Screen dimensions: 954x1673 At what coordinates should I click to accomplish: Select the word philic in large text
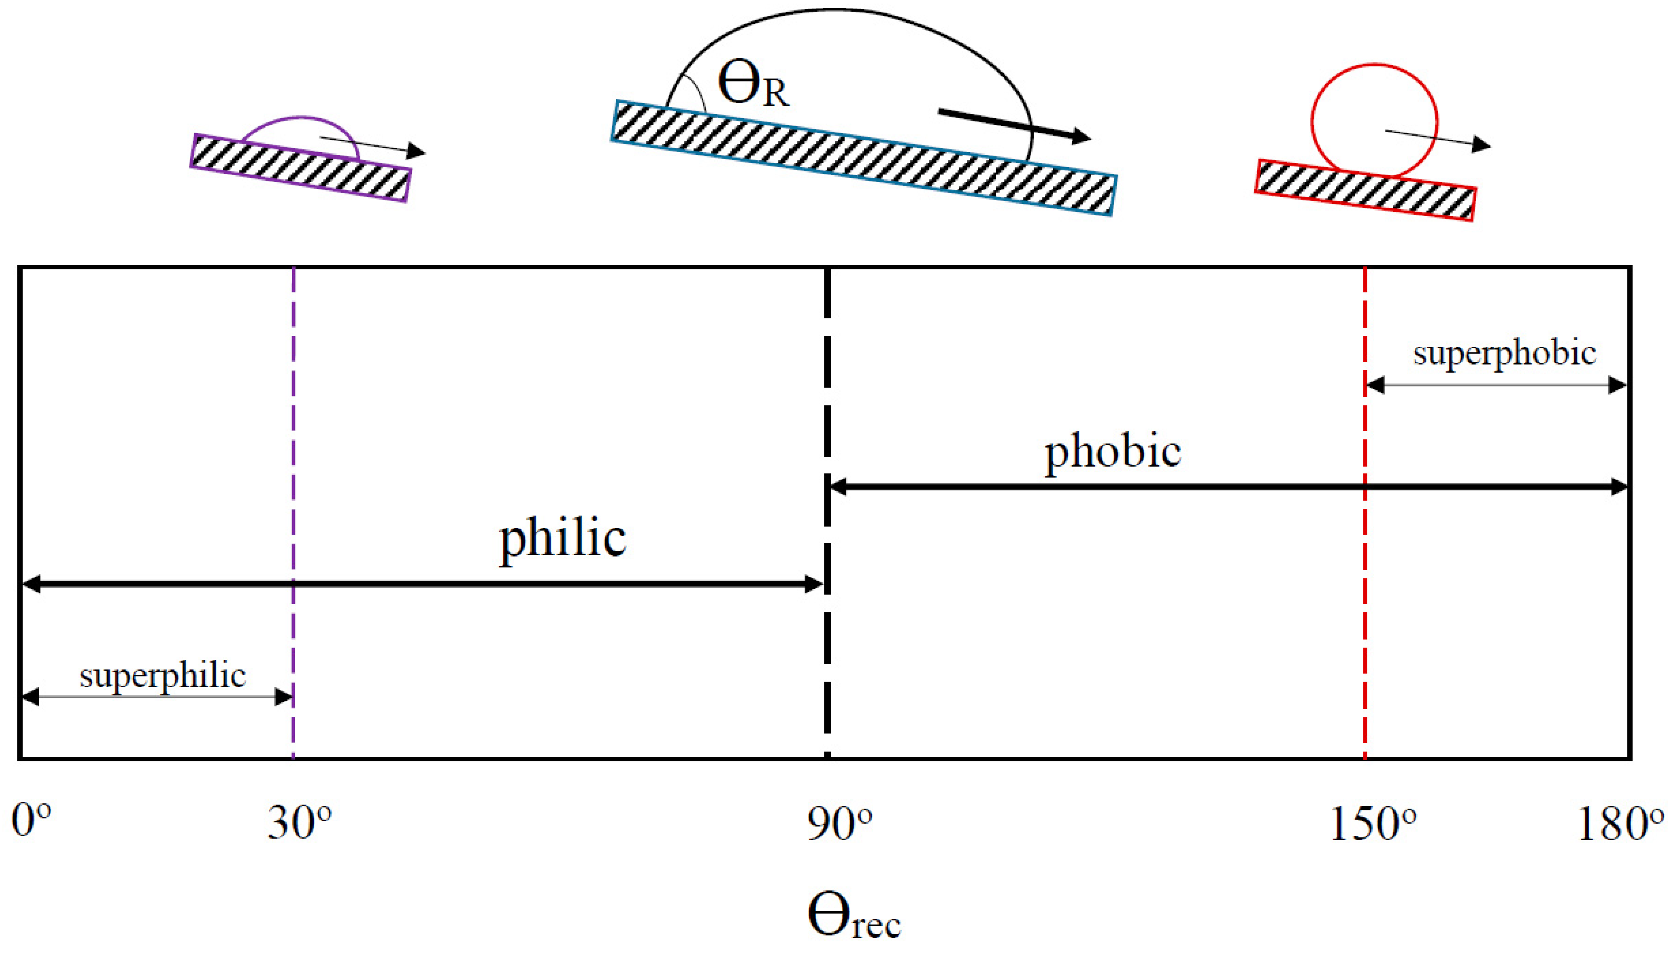562,539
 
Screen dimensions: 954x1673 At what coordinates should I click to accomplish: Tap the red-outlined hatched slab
1365,190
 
